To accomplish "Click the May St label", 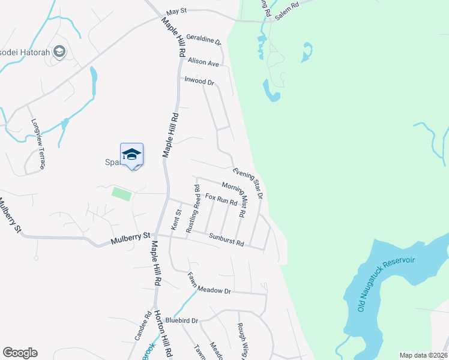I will [x=177, y=11].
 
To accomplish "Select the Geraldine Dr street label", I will [x=203, y=40].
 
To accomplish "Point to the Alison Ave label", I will [x=203, y=62].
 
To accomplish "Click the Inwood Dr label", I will [x=199, y=81].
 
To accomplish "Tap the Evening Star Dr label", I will [x=248, y=182].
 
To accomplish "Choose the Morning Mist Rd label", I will [x=234, y=199].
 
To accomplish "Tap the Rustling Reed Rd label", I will [x=192, y=209].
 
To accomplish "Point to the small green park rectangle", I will [x=121, y=193].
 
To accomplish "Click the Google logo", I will [x=20, y=353].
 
